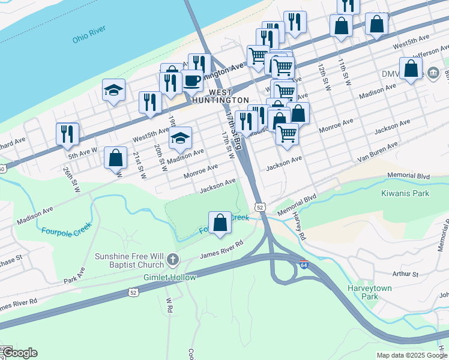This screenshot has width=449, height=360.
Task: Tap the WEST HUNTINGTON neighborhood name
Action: [220, 96]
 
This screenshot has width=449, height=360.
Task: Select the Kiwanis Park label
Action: [405, 193]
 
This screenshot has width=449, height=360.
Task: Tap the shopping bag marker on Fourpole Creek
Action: [220, 222]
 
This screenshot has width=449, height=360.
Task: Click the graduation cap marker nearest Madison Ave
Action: [180, 139]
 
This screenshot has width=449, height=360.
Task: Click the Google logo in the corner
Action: [20, 353]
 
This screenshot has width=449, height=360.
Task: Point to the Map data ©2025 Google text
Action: [411, 355]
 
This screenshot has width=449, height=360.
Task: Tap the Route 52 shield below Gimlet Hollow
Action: [132, 292]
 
